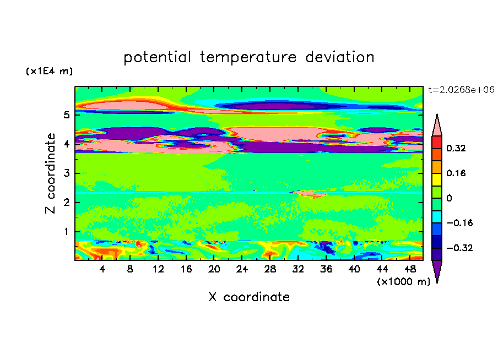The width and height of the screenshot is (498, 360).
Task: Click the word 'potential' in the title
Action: point(157,57)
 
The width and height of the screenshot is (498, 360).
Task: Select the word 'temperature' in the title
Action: point(248,57)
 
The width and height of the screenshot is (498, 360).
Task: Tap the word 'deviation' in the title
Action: point(340,57)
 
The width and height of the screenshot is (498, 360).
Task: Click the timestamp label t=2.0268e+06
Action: point(461,90)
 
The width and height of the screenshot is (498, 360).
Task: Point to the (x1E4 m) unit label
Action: point(49,71)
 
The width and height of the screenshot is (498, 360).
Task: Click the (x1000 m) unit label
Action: point(403,282)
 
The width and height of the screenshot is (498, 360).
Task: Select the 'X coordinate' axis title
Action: point(249,297)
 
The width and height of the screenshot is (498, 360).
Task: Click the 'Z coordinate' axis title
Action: point(51,173)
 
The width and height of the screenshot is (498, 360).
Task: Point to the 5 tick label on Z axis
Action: point(66,114)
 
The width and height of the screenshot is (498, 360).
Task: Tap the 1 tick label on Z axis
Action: point(66,232)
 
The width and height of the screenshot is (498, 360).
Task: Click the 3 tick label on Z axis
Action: point(66,173)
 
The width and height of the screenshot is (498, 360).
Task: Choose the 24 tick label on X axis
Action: point(242,269)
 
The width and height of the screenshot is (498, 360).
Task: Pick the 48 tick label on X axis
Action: point(410,269)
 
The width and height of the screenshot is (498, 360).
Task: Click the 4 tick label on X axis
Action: point(102,269)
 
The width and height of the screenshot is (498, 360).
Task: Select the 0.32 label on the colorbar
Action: point(456,148)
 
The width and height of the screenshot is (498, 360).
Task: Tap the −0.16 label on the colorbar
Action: point(459,223)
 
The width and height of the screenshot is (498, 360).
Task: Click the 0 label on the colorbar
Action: point(449,198)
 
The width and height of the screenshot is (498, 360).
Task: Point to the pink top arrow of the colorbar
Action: point(437,125)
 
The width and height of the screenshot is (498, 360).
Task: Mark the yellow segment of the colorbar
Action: point(437,179)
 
